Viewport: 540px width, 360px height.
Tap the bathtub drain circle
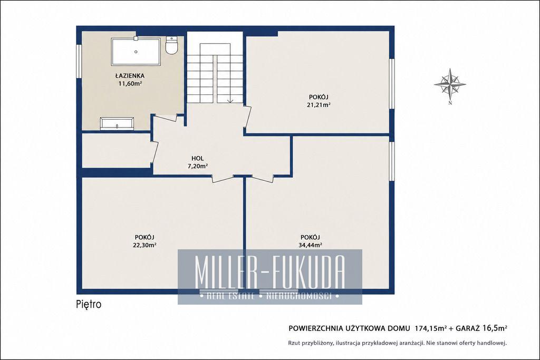136,52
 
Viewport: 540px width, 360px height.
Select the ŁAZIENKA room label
130,75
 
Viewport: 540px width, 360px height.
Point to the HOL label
198,158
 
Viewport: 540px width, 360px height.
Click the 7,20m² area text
197,166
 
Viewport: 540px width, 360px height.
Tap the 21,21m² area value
319,105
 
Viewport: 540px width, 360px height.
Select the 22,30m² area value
144,245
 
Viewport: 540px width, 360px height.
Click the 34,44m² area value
310,245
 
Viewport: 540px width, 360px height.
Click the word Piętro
89,304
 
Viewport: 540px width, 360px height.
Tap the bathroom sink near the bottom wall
117,124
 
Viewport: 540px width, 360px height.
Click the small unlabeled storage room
117,150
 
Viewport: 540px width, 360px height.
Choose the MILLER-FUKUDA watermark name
269,272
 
